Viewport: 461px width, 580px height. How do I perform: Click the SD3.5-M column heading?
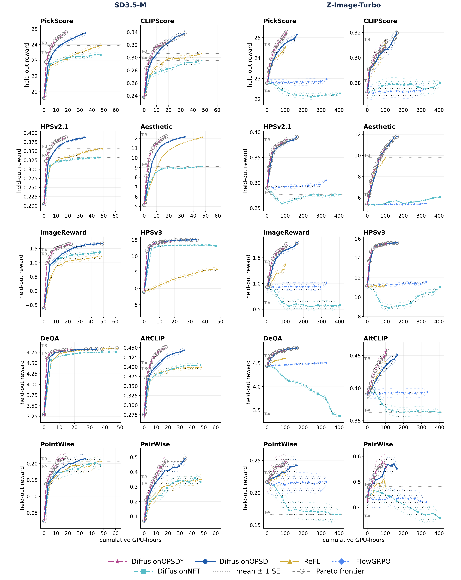(x=130, y=5)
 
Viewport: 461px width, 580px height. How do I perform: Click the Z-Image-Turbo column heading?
(x=353, y=5)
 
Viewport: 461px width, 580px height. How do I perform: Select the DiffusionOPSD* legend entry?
(x=146, y=561)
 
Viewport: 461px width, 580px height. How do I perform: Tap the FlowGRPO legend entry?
(x=361, y=561)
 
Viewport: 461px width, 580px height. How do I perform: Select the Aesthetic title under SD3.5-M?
(x=156, y=127)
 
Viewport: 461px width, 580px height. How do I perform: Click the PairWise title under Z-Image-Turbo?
(x=378, y=444)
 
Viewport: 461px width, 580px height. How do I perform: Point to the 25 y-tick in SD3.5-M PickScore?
(x=34, y=29)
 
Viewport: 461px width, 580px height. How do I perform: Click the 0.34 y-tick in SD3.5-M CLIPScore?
(x=132, y=32)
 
